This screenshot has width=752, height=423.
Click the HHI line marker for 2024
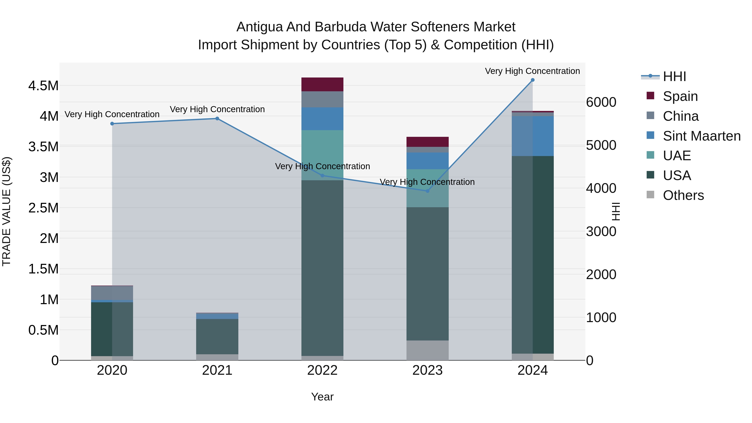pyautogui.click(x=532, y=80)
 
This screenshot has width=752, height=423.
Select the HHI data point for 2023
pyautogui.click(x=427, y=191)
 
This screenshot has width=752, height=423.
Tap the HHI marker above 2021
pyautogui.click(x=217, y=118)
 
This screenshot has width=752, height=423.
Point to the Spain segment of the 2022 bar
pyautogui.click(x=322, y=84)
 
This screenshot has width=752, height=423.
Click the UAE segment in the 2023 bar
pyautogui.click(x=427, y=188)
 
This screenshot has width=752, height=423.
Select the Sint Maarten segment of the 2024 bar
pyautogui.click(x=532, y=136)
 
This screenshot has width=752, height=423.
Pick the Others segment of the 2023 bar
pyautogui.click(x=427, y=350)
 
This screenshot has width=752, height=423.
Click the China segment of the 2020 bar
pyautogui.click(x=112, y=293)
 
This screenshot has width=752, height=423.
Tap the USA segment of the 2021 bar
pyautogui.click(x=217, y=336)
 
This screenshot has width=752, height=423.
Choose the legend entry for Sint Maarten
pyautogui.click(x=701, y=136)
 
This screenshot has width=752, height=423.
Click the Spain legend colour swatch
pyautogui.click(x=650, y=96)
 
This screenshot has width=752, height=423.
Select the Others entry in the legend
pyautogui.click(x=683, y=195)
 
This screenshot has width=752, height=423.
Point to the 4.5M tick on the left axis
pyautogui.click(x=43, y=86)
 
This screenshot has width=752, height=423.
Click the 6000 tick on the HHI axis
pyautogui.click(x=601, y=102)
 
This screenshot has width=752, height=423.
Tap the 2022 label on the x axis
pyautogui.click(x=322, y=370)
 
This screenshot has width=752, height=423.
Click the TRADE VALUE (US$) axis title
pyautogui.click(x=6, y=211)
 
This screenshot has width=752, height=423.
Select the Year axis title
pyautogui.click(x=322, y=397)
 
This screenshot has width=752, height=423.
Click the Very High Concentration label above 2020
pyautogui.click(x=112, y=114)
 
